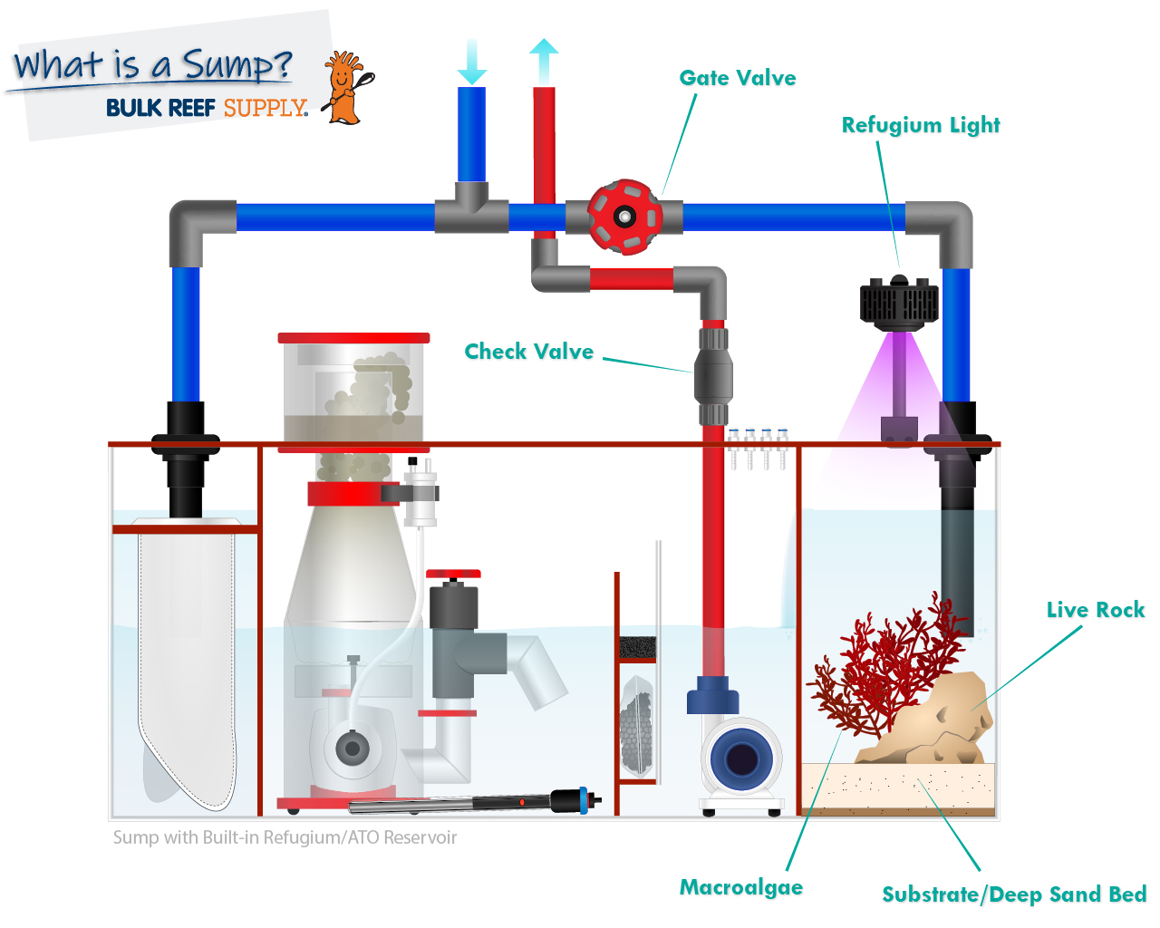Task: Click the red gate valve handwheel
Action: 623,217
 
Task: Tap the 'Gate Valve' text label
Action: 737,79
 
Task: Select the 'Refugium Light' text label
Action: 920,125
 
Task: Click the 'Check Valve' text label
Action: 528,352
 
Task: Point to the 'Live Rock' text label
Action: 1095,610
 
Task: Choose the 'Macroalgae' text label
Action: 740,887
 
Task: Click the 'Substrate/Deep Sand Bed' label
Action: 1013,894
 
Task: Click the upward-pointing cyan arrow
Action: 544,62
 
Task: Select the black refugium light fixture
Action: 898,300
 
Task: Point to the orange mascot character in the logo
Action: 344,87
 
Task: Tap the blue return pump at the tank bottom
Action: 740,758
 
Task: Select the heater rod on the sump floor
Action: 471,803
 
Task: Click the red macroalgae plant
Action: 884,671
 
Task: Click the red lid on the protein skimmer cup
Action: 353,338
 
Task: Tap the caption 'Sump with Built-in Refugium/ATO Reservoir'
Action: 285,837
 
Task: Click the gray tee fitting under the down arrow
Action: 471,208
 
